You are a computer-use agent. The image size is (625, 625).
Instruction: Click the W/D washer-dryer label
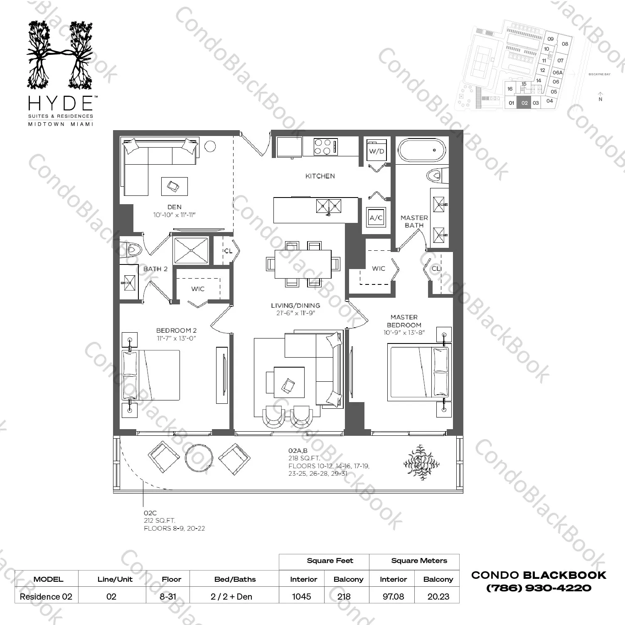376,151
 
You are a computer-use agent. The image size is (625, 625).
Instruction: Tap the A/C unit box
376,217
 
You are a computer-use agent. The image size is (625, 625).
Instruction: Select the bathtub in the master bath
422,150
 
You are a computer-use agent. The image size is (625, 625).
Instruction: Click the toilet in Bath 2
133,250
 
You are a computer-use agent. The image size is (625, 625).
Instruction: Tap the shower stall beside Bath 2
191,250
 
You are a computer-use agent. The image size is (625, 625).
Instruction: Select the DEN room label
174,207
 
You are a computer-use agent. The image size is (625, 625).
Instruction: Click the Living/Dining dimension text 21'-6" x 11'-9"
295,313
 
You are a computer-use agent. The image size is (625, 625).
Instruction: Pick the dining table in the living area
303,264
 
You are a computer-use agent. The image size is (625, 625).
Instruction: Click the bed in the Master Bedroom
418,372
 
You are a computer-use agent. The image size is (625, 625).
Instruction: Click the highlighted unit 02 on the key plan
524,103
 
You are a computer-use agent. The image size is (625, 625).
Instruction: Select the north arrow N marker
600,96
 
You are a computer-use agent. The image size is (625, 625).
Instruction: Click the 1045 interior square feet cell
302,596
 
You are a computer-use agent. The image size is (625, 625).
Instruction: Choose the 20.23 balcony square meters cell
438,596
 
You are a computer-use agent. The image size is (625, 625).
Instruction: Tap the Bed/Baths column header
235,579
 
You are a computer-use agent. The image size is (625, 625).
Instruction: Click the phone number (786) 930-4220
538,588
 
